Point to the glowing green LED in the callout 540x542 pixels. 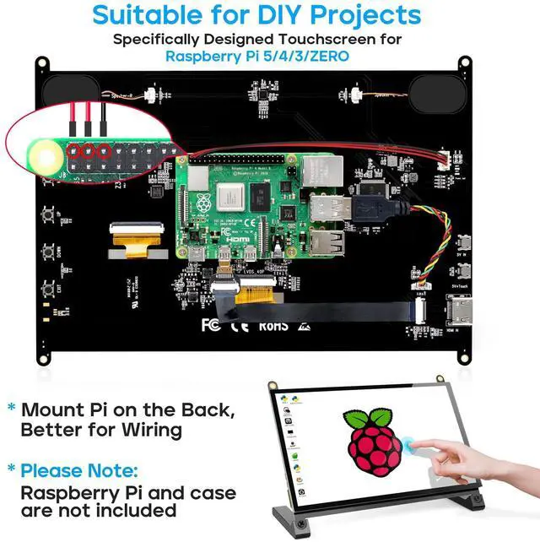(42, 153)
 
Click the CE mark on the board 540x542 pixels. (239, 323)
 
